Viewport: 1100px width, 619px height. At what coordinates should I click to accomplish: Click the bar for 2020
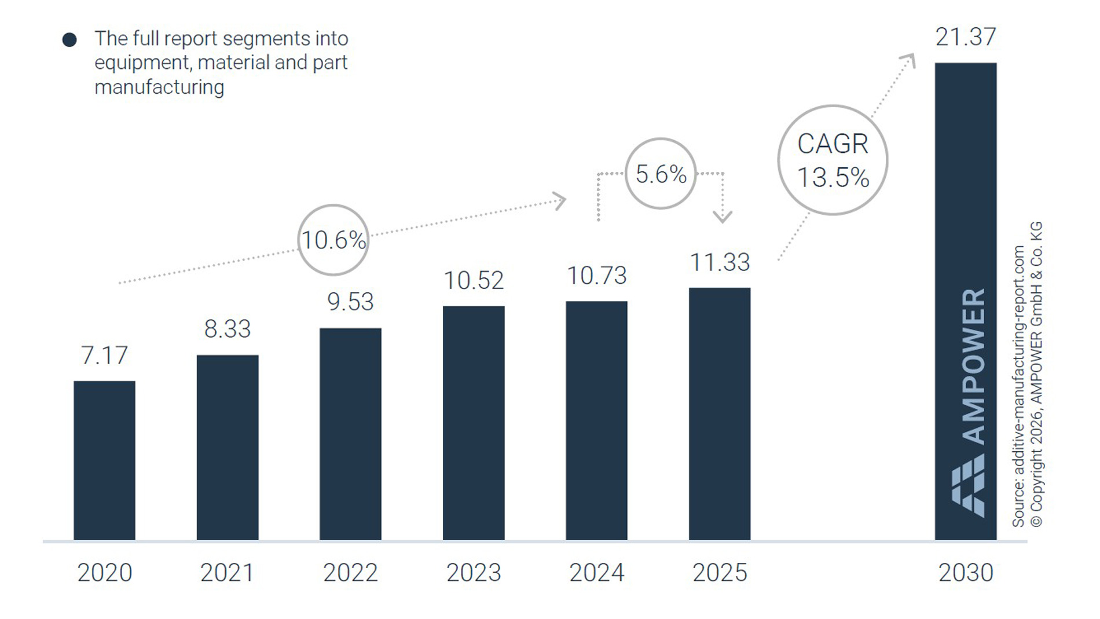[x=104, y=460]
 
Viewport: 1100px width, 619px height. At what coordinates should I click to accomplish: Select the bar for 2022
[x=350, y=434]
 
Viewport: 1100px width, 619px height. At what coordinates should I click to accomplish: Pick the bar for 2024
[x=596, y=421]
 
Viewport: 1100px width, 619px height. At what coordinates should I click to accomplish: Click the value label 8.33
[x=228, y=329]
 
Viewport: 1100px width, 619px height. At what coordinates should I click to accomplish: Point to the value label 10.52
[x=474, y=280]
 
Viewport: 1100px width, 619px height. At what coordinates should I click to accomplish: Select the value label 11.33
[x=720, y=262]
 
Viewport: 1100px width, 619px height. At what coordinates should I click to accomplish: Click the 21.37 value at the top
[x=965, y=37]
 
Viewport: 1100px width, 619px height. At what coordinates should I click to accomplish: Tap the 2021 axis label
[x=227, y=573]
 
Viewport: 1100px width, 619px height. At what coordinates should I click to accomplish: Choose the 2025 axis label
[x=720, y=573]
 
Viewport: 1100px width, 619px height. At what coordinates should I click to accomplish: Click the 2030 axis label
[x=965, y=573]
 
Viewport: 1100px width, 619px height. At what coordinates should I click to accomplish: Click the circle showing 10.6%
[x=333, y=240]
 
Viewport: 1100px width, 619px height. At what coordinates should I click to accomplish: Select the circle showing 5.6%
[x=661, y=174]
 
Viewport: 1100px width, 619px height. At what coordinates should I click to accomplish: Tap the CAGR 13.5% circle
[x=833, y=160]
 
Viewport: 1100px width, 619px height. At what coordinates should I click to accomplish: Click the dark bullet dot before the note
[x=69, y=40]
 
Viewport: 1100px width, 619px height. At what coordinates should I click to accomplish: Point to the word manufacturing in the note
[x=159, y=87]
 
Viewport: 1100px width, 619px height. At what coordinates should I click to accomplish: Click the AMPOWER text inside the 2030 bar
[x=973, y=366]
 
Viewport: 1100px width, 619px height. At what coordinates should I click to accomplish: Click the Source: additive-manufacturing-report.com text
[x=1018, y=386]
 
